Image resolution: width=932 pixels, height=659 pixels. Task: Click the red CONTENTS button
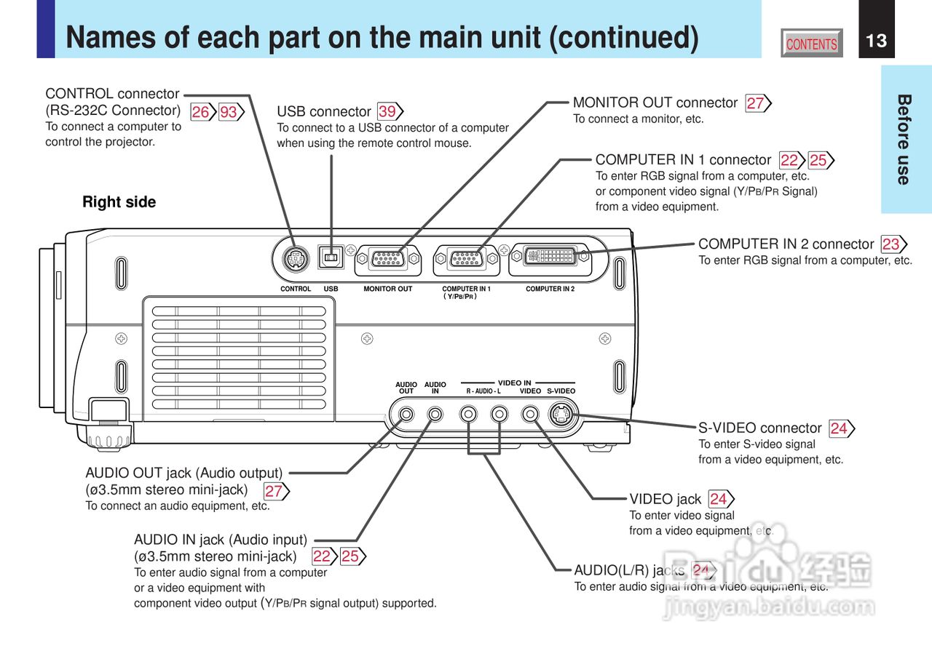tap(812, 44)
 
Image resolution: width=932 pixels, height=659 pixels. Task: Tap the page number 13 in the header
tap(877, 41)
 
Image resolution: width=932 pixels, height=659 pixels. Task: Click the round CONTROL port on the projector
tap(295, 257)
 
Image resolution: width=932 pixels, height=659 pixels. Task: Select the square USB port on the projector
tap(331, 257)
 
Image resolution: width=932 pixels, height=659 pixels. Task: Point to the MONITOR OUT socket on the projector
tap(387, 259)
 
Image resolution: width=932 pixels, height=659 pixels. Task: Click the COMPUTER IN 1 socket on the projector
tap(466, 259)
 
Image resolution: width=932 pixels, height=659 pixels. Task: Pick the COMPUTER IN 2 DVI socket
tap(550, 257)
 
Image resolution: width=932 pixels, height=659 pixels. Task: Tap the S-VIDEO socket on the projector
tap(561, 415)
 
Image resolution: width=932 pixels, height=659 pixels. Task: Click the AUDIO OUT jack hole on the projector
tap(406, 415)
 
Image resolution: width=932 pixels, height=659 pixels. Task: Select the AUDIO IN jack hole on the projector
tap(435, 415)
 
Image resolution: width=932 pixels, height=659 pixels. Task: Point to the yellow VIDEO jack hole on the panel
tap(532, 415)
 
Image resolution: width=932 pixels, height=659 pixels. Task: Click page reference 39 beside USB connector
tap(387, 111)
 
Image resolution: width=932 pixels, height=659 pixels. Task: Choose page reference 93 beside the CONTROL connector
tap(229, 112)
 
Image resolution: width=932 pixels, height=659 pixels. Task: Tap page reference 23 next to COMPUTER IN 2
tap(890, 244)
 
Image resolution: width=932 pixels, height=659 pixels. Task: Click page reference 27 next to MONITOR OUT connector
tap(755, 103)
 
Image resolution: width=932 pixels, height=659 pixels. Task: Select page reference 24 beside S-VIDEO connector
tap(839, 428)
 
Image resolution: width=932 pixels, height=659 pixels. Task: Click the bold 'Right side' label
tap(119, 202)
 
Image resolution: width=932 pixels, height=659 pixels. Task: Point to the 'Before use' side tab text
tap(904, 139)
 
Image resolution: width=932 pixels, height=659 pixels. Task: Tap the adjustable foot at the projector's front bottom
tap(108, 436)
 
